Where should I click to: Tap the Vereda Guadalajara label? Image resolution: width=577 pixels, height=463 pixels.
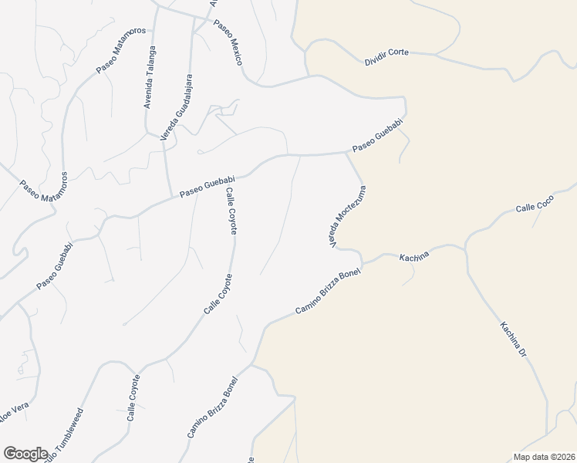click(x=176, y=107)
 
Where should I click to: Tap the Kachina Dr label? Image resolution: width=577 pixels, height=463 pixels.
click(x=512, y=340)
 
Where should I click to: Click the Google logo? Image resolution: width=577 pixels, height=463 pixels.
click(x=25, y=454)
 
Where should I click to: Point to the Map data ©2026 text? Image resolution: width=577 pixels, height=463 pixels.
click(x=543, y=457)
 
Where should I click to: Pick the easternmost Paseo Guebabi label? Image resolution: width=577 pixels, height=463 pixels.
click(x=378, y=134)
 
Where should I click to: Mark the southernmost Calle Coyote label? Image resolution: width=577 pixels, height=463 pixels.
click(x=133, y=397)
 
